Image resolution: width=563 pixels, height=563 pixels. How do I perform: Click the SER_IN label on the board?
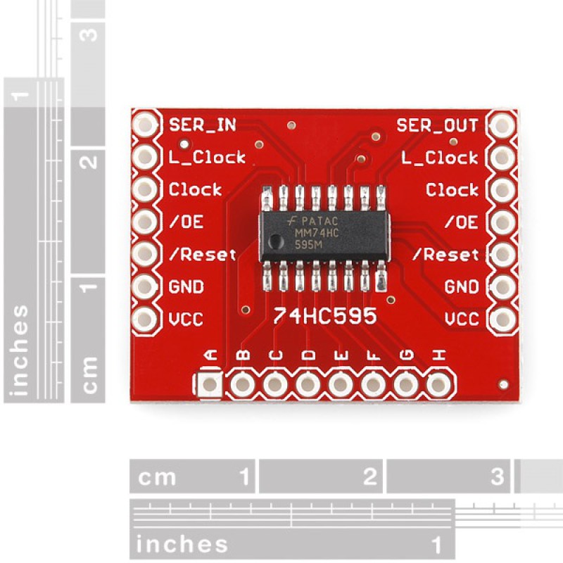point(202,125)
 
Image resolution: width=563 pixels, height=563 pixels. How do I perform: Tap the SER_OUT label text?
point(437,125)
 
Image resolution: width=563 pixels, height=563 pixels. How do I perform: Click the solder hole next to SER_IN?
point(145,125)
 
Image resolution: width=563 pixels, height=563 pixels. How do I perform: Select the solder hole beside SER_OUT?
point(502,125)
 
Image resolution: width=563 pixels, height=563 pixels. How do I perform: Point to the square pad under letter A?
point(209,384)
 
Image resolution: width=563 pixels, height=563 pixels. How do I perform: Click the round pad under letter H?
point(438,384)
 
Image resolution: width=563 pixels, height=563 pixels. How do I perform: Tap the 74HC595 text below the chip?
point(324,316)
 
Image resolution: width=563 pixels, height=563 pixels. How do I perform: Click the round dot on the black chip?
point(277,241)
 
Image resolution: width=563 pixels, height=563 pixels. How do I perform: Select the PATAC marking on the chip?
point(320,220)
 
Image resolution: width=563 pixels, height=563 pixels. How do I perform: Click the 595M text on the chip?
point(308,245)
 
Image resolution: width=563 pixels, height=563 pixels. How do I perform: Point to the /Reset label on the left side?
point(203,255)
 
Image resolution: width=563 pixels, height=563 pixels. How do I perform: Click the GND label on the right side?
point(462,286)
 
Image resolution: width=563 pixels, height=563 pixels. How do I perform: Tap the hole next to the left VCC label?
point(145,319)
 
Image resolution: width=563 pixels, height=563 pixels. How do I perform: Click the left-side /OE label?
point(186,222)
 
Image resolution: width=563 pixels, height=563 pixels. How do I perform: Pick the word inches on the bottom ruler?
point(182,544)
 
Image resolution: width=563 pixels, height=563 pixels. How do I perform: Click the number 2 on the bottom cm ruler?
point(370,477)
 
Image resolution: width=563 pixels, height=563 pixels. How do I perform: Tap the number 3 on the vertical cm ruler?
point(89,34)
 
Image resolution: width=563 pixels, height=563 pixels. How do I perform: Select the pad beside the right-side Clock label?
point(502,189)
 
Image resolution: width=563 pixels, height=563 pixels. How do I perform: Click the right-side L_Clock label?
point(440,158)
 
